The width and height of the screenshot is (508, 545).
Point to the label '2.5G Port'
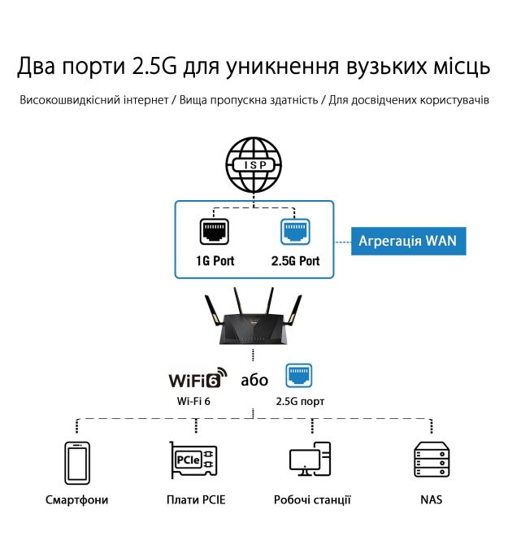295,261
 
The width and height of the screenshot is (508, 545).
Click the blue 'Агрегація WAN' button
408,241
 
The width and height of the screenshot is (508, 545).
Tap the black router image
254,320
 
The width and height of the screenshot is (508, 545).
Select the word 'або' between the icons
254,380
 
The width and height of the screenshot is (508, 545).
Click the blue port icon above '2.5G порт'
299,376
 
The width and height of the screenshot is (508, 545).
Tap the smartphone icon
76,463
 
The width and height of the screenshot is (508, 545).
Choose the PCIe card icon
193,461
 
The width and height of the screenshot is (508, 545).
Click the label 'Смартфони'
76,499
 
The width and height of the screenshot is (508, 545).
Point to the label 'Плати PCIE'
195,499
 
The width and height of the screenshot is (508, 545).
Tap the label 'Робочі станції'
312,499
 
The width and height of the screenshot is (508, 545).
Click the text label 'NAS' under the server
432,499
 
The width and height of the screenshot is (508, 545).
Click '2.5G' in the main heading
158,65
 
